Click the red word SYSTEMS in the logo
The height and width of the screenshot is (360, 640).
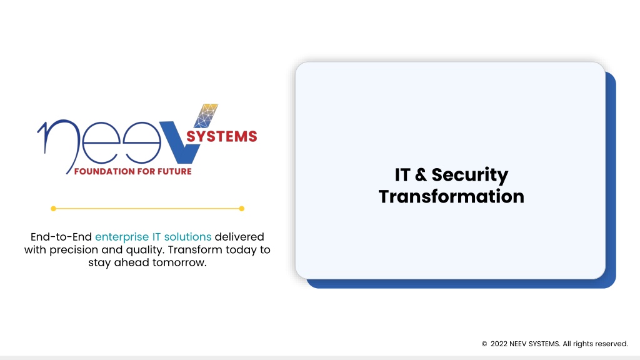point(222,136)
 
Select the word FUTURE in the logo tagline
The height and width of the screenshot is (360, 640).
point(175,171)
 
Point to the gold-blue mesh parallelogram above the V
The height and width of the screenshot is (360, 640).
point(206,116)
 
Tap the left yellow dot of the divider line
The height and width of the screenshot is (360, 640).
point(54,209)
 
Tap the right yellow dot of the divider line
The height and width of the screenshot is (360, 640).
point(242,209)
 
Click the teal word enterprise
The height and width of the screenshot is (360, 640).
point(122,237)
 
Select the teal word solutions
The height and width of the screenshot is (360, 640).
point(187,237)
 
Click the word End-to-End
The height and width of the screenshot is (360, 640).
point(61,237)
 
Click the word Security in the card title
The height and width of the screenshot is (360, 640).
point(470,176)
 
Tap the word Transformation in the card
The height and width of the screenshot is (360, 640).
point(451,196)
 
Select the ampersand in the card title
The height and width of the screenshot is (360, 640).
point(421,175)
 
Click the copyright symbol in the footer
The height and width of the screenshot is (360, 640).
point(484,344)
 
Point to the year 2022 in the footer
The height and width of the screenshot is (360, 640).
point(499,344)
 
